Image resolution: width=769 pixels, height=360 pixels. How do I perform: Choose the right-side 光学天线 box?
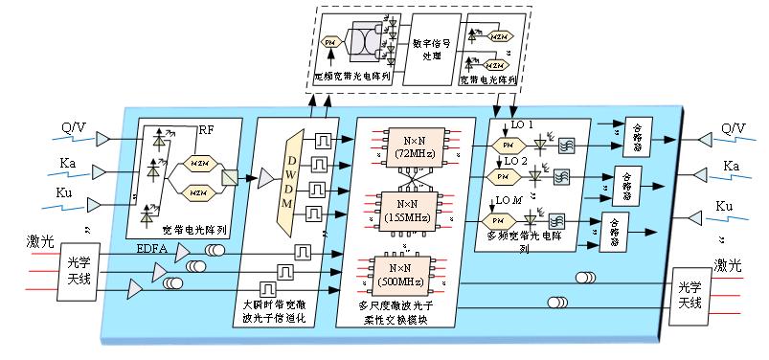[690, 294]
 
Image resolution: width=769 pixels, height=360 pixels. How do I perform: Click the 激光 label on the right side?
[727, 264]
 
